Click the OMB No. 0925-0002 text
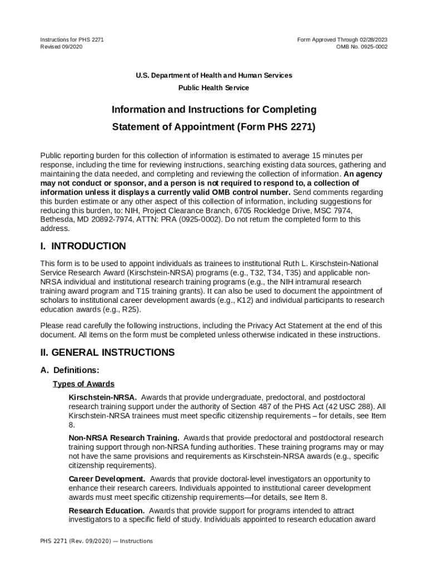coord(362,47)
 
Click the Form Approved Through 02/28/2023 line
coord(342,40)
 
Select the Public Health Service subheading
coord(213,88)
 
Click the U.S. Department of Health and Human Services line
coord(213,75)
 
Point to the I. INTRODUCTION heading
coord(83,246)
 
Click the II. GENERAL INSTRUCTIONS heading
coord(107,352)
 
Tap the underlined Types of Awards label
coord(83,384)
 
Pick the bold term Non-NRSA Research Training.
coord(123,438)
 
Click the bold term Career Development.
coord(107,479)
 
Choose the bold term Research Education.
coord(106,510)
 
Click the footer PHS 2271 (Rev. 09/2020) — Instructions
coord(96,541)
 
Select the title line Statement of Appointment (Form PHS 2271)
coord(213,127)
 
